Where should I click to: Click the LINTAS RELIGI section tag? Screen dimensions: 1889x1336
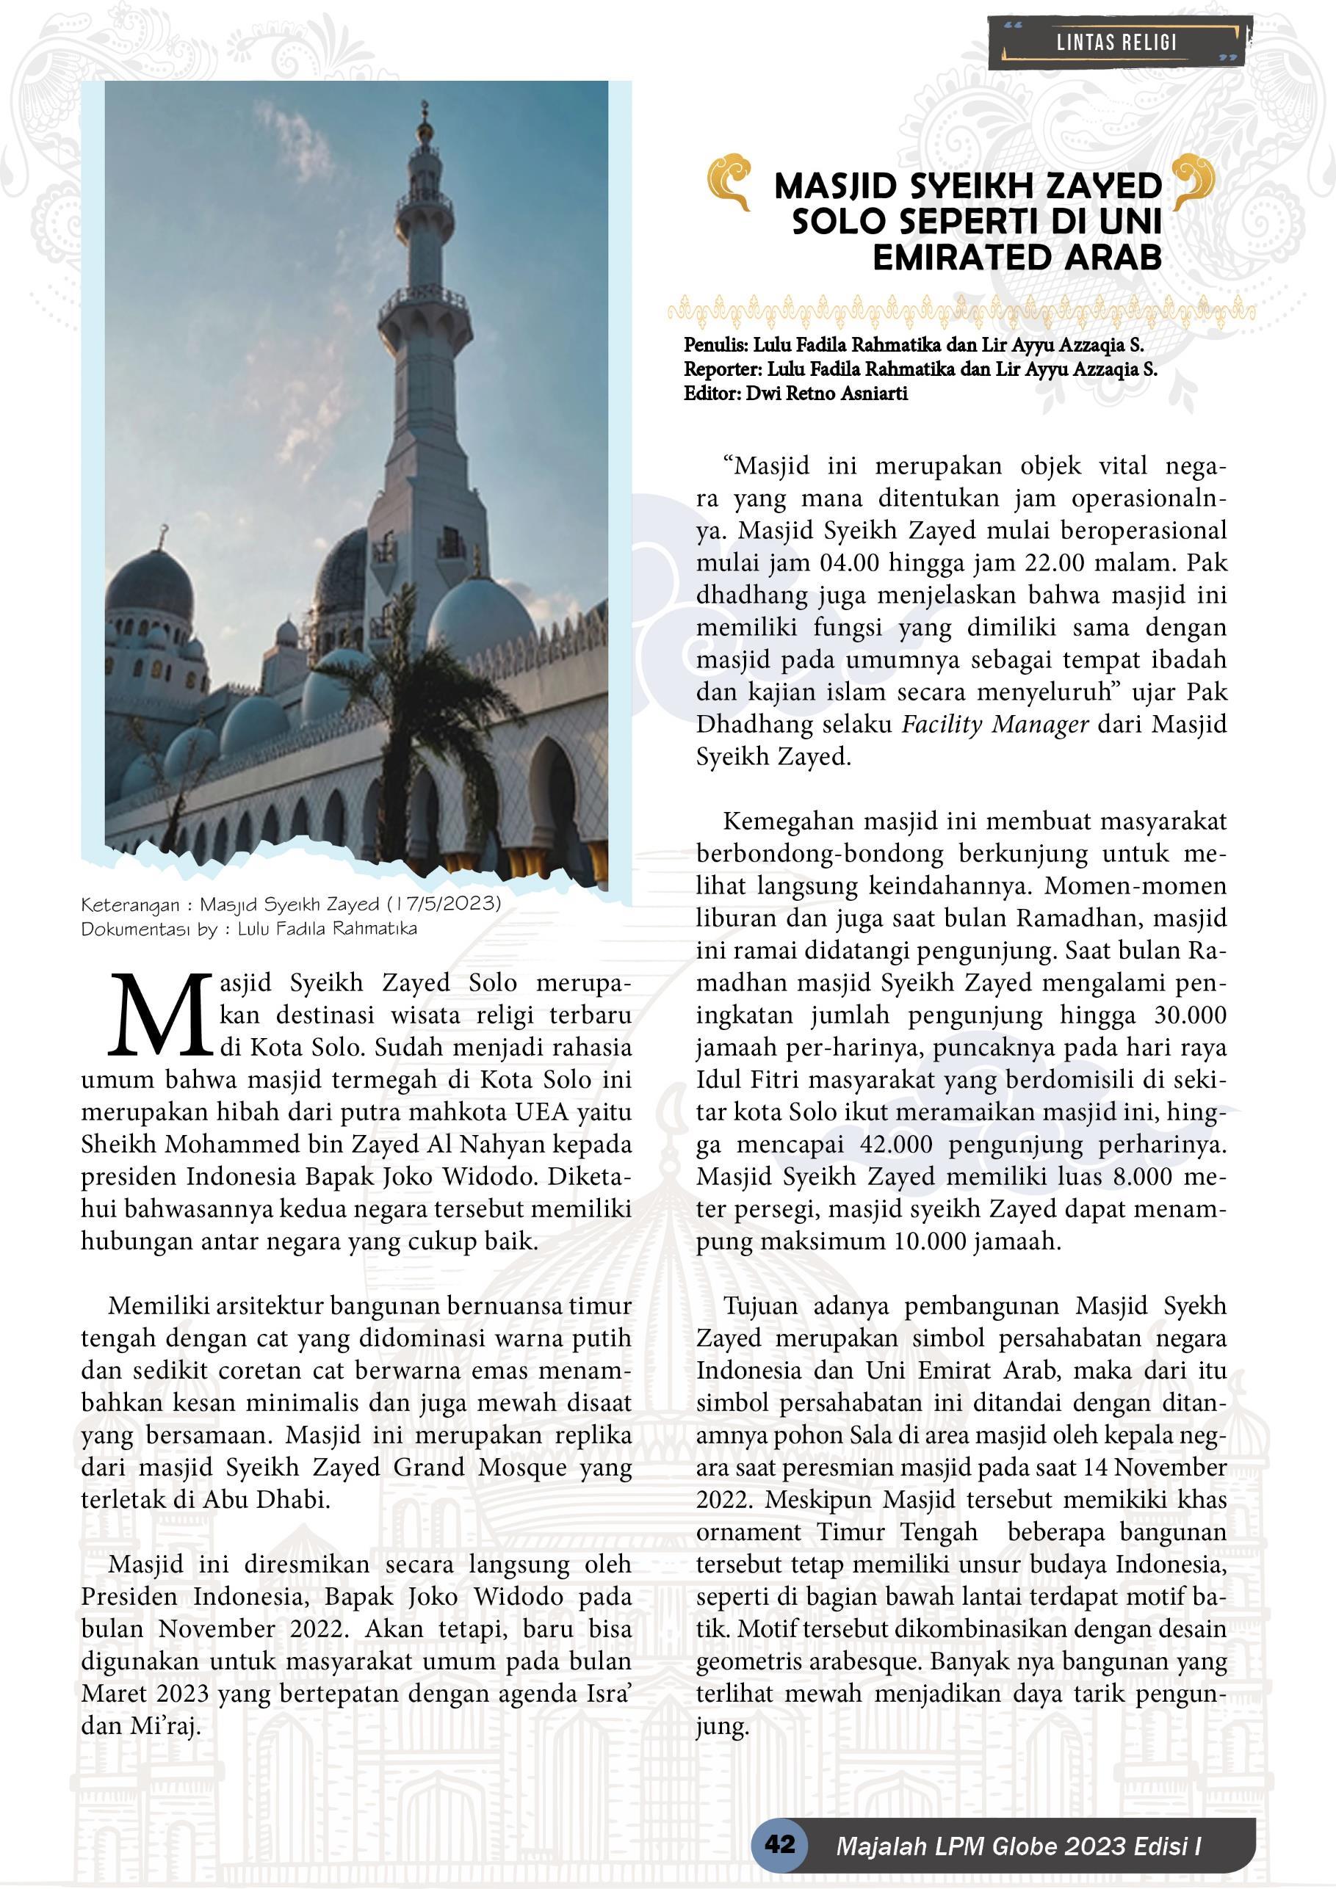[x=1116, y=43]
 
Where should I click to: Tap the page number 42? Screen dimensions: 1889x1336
[x=779, y=1842]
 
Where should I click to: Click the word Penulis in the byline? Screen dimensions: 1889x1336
[x=715, y=346]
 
